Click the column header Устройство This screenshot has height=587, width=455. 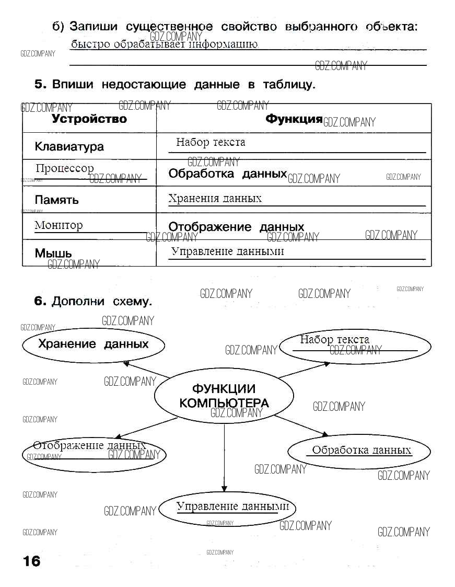[x=89, y=119]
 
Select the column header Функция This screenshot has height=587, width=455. [x=294, y=119]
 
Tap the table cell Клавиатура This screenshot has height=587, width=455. [x=69, y=147]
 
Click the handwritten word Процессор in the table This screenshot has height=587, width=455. [x=65, y=168]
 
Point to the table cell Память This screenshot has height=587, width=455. [x=56, y=200]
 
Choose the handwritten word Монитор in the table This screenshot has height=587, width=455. [x=59, y=226]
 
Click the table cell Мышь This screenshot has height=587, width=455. [x=53, y=254]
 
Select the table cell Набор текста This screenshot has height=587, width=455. [x=211, y=142]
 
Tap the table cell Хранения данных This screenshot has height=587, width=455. [x=215, y=198]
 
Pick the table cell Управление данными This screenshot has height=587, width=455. [x=228, y=251]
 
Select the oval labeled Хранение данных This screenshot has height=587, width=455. [x=94, y=344]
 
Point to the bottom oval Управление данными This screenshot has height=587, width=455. [x=227, y=508]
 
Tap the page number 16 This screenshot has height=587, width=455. [x=31, y=561]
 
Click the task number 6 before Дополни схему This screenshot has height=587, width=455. [x=40, y=302]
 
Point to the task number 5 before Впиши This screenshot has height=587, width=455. [x=40, y=85]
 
